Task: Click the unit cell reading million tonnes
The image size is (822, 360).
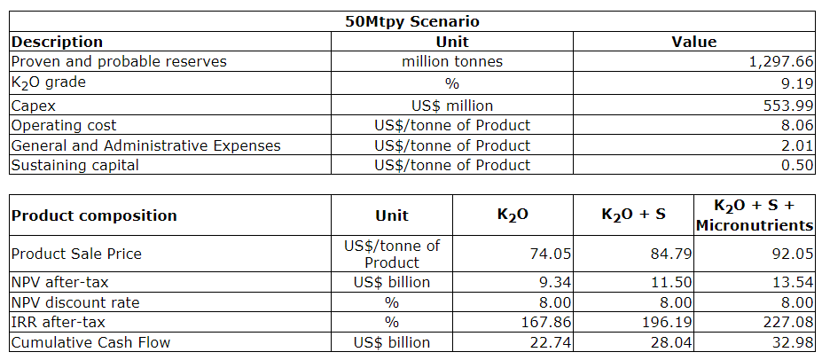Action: pyautogui.click(x=452, y=61)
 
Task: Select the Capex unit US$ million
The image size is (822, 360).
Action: pyautogui.click(x=452, y=105)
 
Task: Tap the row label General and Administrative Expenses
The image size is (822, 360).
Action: pyautogui.click(x=146, y=145)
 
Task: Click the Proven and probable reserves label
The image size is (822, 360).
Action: pyautogui.click(x=119, y=61)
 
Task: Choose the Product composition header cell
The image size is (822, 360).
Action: pyautogui.click(x=94, y=215)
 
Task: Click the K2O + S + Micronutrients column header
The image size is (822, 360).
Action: pyautogui.click(x=754, y=215)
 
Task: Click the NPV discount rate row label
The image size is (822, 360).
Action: pyautogui.click(x=75, y=302)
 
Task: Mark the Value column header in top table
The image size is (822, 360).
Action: pyautogui.click(x=694, y=42)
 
